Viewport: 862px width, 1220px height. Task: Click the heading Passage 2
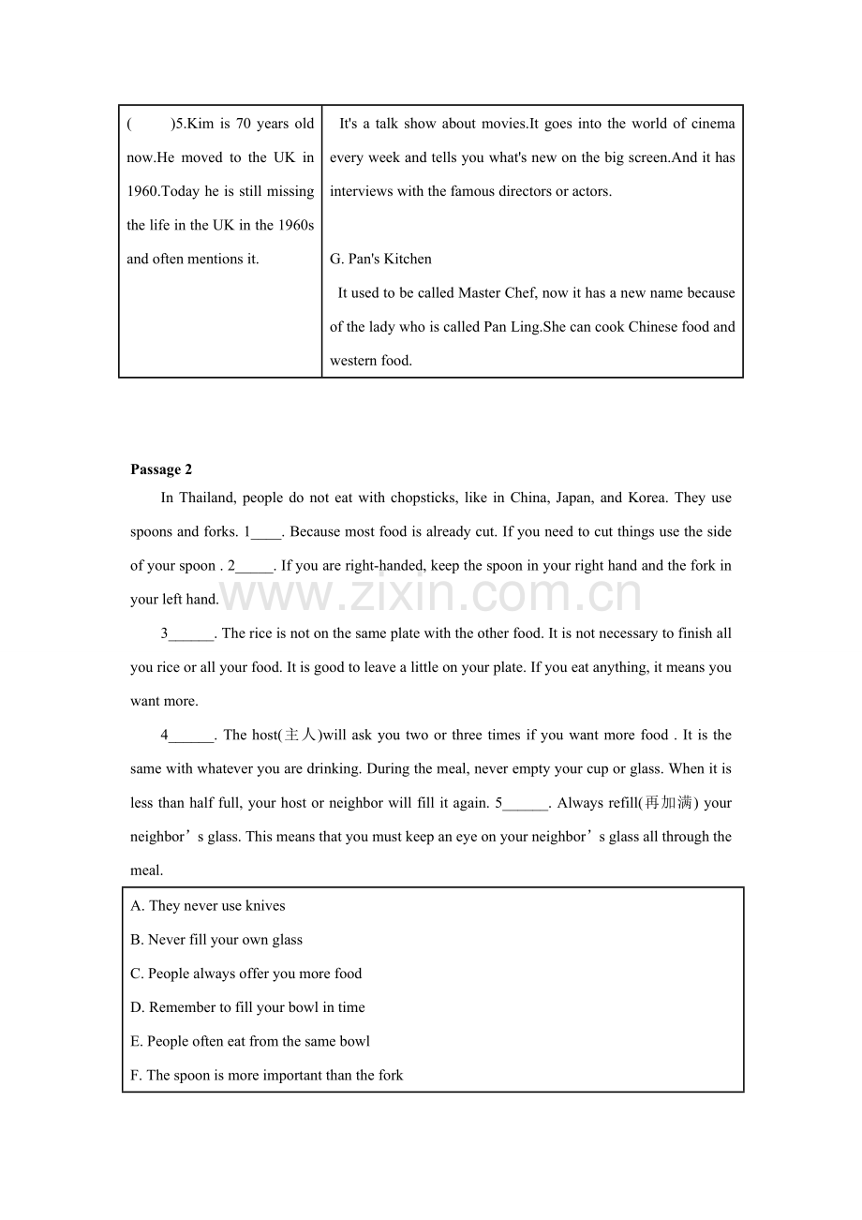click(161, 469)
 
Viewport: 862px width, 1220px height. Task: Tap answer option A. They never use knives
click(208, 906)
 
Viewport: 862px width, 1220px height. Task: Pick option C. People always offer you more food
click(245, 974)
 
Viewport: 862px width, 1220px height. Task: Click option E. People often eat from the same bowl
click(250, 1041)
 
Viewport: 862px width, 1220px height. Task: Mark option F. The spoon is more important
click(267, 1076)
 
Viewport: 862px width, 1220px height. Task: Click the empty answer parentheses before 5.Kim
click(150, 124)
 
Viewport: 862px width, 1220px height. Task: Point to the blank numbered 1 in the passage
click(266, 532)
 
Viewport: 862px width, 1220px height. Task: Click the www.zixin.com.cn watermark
click(431, 594)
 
